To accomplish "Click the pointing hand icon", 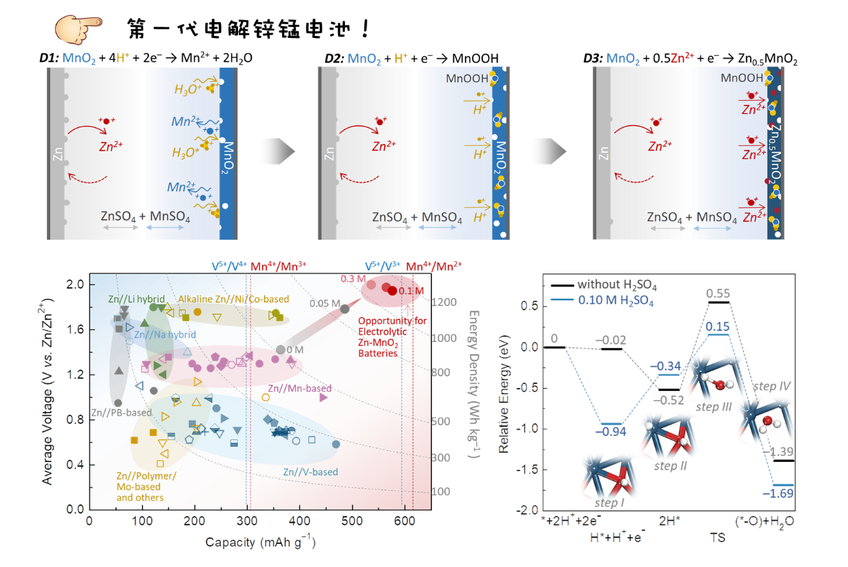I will click(x=75, y=28).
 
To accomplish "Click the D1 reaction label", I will click(x=50, y=59).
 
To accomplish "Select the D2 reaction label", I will click(x=335, y=59).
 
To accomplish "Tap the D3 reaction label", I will click(x=593, y=59).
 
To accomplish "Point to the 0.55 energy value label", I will click(x=718, y=293).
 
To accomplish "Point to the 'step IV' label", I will click(x=771, y=386).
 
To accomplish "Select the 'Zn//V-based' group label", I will click(x=310, y=472).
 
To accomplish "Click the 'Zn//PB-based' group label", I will click(x=121, y=413).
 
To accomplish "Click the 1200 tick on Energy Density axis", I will click(x=443, y=302).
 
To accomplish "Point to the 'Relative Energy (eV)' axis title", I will click(x=504, y=390).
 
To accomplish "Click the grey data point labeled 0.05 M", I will click(x=345, y=309).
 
